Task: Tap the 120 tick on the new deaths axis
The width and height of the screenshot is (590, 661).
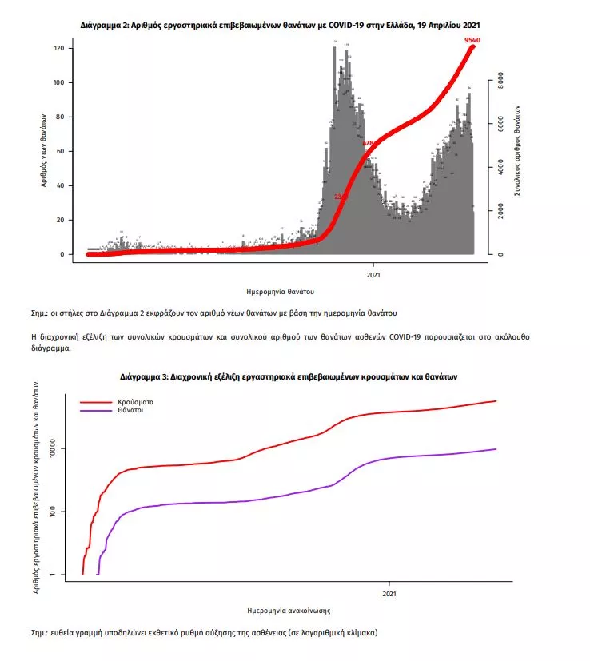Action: point(58,49)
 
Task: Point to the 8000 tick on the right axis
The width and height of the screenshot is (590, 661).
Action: point(500,82)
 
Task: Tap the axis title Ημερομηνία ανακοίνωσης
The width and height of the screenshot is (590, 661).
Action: point(289,611)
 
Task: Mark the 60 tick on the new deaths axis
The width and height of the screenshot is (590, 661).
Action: point(58,152)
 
